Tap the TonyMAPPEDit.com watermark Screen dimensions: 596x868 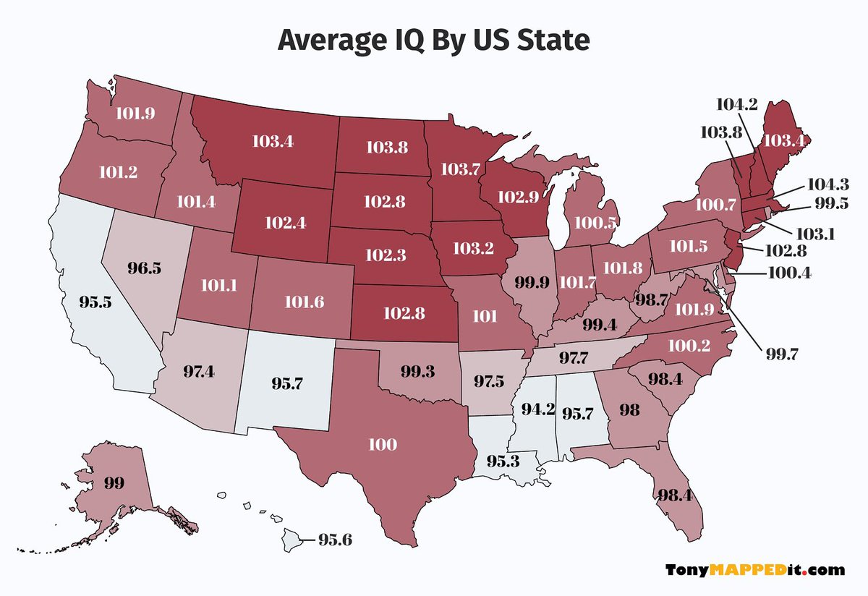pyautogui.click(x=754, y=570)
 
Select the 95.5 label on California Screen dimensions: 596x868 pyautogui.click(x=95, y=302)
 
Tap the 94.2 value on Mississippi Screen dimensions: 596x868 pyautogui.click(x=537, y=409)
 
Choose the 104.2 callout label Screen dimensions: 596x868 pyautogui.click(x=737, y=105)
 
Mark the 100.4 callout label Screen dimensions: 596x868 pyautogui.click(x=793, y=274)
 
